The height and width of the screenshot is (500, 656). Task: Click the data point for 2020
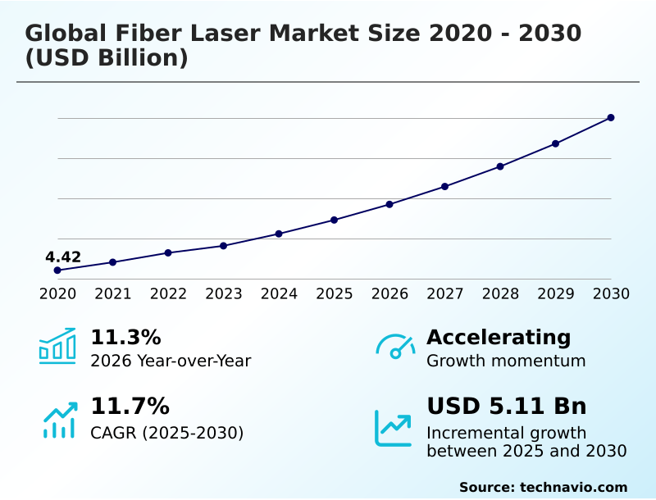(57, 270)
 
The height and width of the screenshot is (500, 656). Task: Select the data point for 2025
(335, 220)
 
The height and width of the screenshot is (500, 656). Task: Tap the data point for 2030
(611, 118)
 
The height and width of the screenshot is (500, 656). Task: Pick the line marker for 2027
(444, 187)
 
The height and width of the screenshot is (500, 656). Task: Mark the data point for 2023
(224, 246)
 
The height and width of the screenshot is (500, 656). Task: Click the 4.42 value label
(63, 257)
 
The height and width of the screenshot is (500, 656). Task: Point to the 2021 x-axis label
(113, 294)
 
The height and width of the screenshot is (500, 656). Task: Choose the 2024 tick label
(279, 294)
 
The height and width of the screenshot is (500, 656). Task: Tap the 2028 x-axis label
(500, 294)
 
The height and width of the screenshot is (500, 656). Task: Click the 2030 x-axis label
(611, 294)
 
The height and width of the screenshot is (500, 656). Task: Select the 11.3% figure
(125, 338)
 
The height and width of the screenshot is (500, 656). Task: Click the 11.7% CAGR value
(130, 407)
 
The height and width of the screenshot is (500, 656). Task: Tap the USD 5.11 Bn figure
(507, 407)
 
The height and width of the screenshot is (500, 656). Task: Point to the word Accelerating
(499, 338)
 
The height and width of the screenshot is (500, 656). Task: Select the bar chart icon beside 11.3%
(57, 347)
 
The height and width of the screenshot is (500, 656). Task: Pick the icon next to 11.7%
(59, 420)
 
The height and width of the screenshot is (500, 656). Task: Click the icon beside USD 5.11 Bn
(394, 428)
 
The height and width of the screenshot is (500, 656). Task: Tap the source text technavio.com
(573, 487)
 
